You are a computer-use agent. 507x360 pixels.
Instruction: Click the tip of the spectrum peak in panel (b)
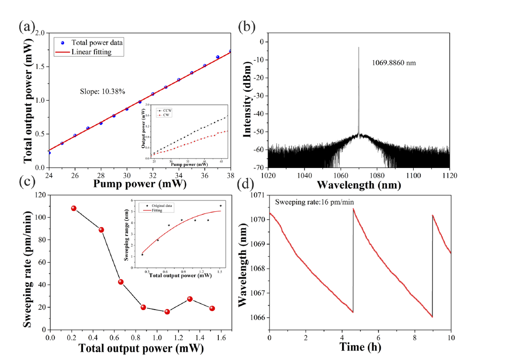click(x=358, y=47)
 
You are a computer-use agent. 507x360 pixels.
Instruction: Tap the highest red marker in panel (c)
click(x=74, y=208)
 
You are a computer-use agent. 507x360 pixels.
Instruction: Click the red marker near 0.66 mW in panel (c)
click(x=120, y=282)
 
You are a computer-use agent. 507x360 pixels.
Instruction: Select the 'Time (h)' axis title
click(x=360, y=347)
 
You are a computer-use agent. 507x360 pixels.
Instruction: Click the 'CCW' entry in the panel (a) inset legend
click(x=163, y=110)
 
